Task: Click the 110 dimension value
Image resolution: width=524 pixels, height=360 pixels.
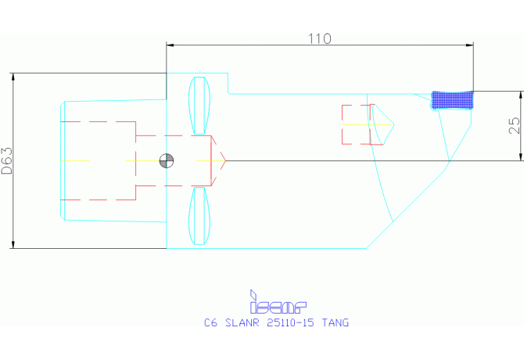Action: point(319,39)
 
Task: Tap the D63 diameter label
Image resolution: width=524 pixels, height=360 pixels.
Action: point(7,160)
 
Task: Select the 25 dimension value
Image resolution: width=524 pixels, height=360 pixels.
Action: point(515,126)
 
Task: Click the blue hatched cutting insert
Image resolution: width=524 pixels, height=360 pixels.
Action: point(453,100)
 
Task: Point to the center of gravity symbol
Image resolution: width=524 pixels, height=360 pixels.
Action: point(167,160)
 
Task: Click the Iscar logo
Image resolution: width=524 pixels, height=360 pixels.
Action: point(278,302)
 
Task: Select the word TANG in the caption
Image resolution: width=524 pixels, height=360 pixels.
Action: point(336,323)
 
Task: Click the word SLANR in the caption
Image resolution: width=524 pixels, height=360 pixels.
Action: point(242,323)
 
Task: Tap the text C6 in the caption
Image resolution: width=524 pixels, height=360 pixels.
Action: point(211,323)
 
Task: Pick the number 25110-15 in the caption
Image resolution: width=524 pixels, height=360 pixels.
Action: point(290,323)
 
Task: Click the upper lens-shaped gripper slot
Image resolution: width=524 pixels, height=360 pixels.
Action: point(199,106)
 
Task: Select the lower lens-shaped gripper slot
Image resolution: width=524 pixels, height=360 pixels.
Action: point(199,216)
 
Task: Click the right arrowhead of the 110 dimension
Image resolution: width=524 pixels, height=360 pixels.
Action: point(470,45)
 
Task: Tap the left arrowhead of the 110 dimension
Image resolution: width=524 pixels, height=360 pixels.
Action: point(170,45)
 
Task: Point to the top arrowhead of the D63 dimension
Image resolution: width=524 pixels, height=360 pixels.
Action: point(13,77)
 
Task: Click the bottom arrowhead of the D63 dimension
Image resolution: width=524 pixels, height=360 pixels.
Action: point(13,244)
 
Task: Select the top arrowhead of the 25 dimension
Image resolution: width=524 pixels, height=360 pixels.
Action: point(521,95)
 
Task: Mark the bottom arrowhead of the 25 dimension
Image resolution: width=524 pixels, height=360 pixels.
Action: point(521,157)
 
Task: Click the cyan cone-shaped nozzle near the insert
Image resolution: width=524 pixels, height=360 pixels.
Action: point(382,124)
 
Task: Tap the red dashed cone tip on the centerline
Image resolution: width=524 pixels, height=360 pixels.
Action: point(218,160)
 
